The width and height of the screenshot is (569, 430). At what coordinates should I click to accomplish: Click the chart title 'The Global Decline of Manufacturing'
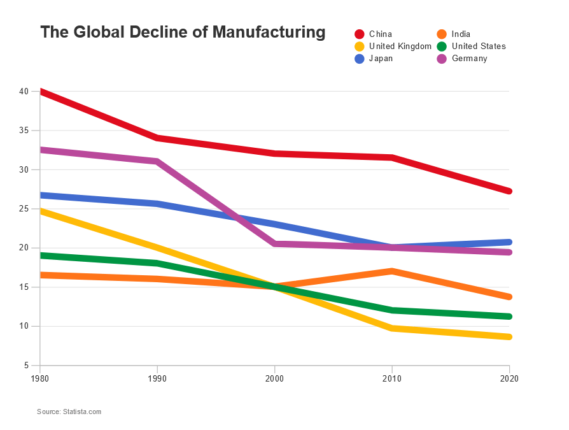[183, 32]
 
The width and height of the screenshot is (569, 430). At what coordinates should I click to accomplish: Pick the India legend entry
[460, 34]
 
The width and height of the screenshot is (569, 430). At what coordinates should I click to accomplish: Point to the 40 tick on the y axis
[24, 92]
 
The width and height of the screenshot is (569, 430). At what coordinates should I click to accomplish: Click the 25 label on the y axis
[24, 209]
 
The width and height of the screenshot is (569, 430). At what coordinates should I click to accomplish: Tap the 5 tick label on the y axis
[26, 366]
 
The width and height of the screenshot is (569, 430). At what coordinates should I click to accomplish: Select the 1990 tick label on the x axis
[157, 378]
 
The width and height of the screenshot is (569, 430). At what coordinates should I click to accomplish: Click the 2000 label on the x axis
[274, 378]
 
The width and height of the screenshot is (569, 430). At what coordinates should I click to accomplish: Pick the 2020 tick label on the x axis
[509, 378]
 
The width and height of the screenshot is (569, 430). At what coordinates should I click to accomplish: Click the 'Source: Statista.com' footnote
[69, 412]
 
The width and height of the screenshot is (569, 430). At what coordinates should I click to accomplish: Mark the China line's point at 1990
[157, 138]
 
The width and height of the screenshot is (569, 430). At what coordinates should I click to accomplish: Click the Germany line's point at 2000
[274, 244]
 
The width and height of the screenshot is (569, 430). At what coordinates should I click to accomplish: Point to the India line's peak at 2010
[392, 271]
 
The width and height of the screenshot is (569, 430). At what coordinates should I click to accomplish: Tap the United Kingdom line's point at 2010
[392, 328]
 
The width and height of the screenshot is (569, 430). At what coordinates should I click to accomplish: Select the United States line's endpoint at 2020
[509, 316]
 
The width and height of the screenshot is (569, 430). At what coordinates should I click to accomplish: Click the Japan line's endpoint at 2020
[509, 242]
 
